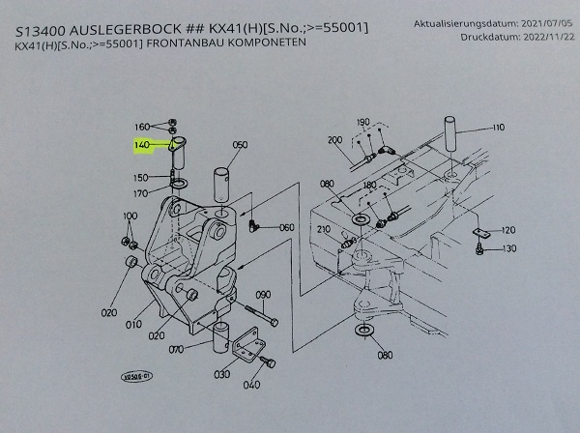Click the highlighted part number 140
[143, 145]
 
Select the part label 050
[240, 146]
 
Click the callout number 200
[335, 140]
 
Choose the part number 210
[324, 231]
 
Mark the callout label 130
[508, 249]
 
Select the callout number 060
[286, 227]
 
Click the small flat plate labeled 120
[479, 233]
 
